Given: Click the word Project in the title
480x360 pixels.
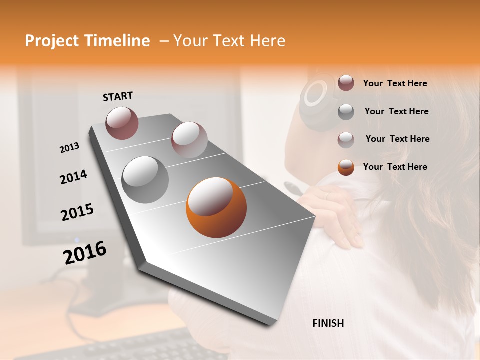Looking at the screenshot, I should click(51, 41).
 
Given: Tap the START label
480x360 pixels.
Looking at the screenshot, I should click(118, 96).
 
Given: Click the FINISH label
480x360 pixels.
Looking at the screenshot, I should click(328, 323).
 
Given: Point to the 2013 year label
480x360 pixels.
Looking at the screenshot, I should click(70, 148).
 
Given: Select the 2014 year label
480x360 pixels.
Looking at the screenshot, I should click(73, 177).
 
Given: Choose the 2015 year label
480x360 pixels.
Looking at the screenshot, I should click(77, 212).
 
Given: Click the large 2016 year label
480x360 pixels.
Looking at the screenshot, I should click(85, 253).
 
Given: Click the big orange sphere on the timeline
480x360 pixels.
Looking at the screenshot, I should click(216, 207).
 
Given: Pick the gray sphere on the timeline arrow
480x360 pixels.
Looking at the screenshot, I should click(145, 180).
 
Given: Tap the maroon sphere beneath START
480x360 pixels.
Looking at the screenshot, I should click(122, 123).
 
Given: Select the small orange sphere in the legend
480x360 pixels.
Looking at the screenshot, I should click(346, 167).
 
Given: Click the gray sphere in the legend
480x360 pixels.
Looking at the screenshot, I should click(346, 112).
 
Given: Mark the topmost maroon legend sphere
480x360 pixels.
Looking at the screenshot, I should click(346, 83).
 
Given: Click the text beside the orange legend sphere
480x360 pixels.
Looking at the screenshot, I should click(395, 167).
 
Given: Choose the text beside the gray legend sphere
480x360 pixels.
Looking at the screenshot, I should click(396, 111).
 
